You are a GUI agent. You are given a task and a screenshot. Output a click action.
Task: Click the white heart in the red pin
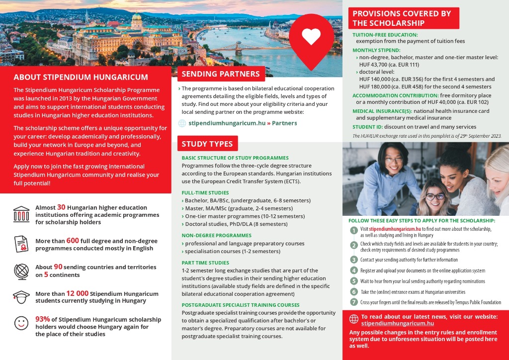[312, 36]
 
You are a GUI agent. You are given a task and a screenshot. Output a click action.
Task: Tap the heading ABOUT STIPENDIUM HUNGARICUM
[81, 77]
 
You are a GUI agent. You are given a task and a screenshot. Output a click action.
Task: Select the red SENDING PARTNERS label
[221, 74]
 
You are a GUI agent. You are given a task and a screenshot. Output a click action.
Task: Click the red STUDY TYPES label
[207, 144]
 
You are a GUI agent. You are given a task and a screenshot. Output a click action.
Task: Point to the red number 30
[61, 207]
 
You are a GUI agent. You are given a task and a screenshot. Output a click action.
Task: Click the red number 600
[73, 241]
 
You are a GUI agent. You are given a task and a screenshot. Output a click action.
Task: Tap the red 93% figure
[43, 319]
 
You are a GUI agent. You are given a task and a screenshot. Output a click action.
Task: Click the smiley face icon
[21, 323]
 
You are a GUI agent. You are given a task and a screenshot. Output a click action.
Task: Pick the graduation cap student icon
[21, 297]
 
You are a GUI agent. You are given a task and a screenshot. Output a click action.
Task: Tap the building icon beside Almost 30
[21, 213]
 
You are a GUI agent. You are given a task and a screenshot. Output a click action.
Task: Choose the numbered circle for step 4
[354, 270]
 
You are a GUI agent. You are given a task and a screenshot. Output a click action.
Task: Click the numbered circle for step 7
[354, 302]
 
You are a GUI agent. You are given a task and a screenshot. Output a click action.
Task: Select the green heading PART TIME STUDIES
[205, 263]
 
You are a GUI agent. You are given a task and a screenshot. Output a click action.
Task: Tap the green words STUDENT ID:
[367, 127]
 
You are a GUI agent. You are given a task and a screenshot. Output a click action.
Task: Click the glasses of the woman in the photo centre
[434, 196]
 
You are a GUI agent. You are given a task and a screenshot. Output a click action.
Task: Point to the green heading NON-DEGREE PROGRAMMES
[217, 235]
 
